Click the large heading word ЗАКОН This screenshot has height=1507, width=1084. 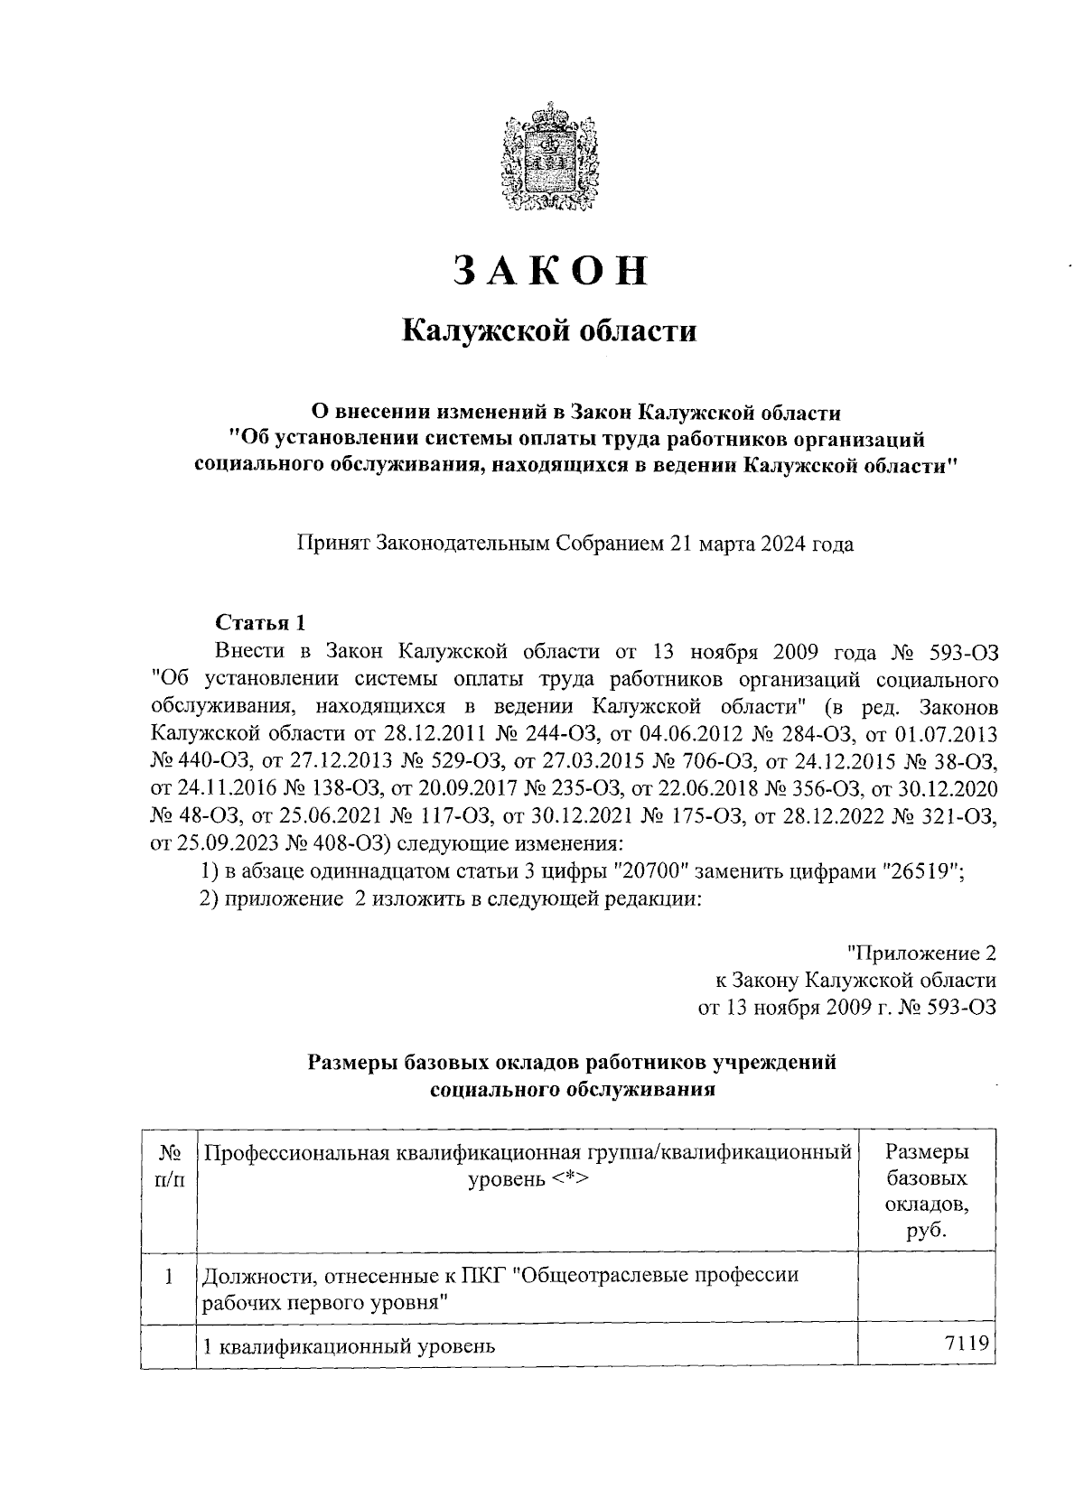coord(550,271)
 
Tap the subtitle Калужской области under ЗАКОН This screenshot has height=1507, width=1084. coord(549,331)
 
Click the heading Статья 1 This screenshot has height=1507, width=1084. coord(261,622)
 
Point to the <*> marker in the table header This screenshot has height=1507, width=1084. coord(565,1179)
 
